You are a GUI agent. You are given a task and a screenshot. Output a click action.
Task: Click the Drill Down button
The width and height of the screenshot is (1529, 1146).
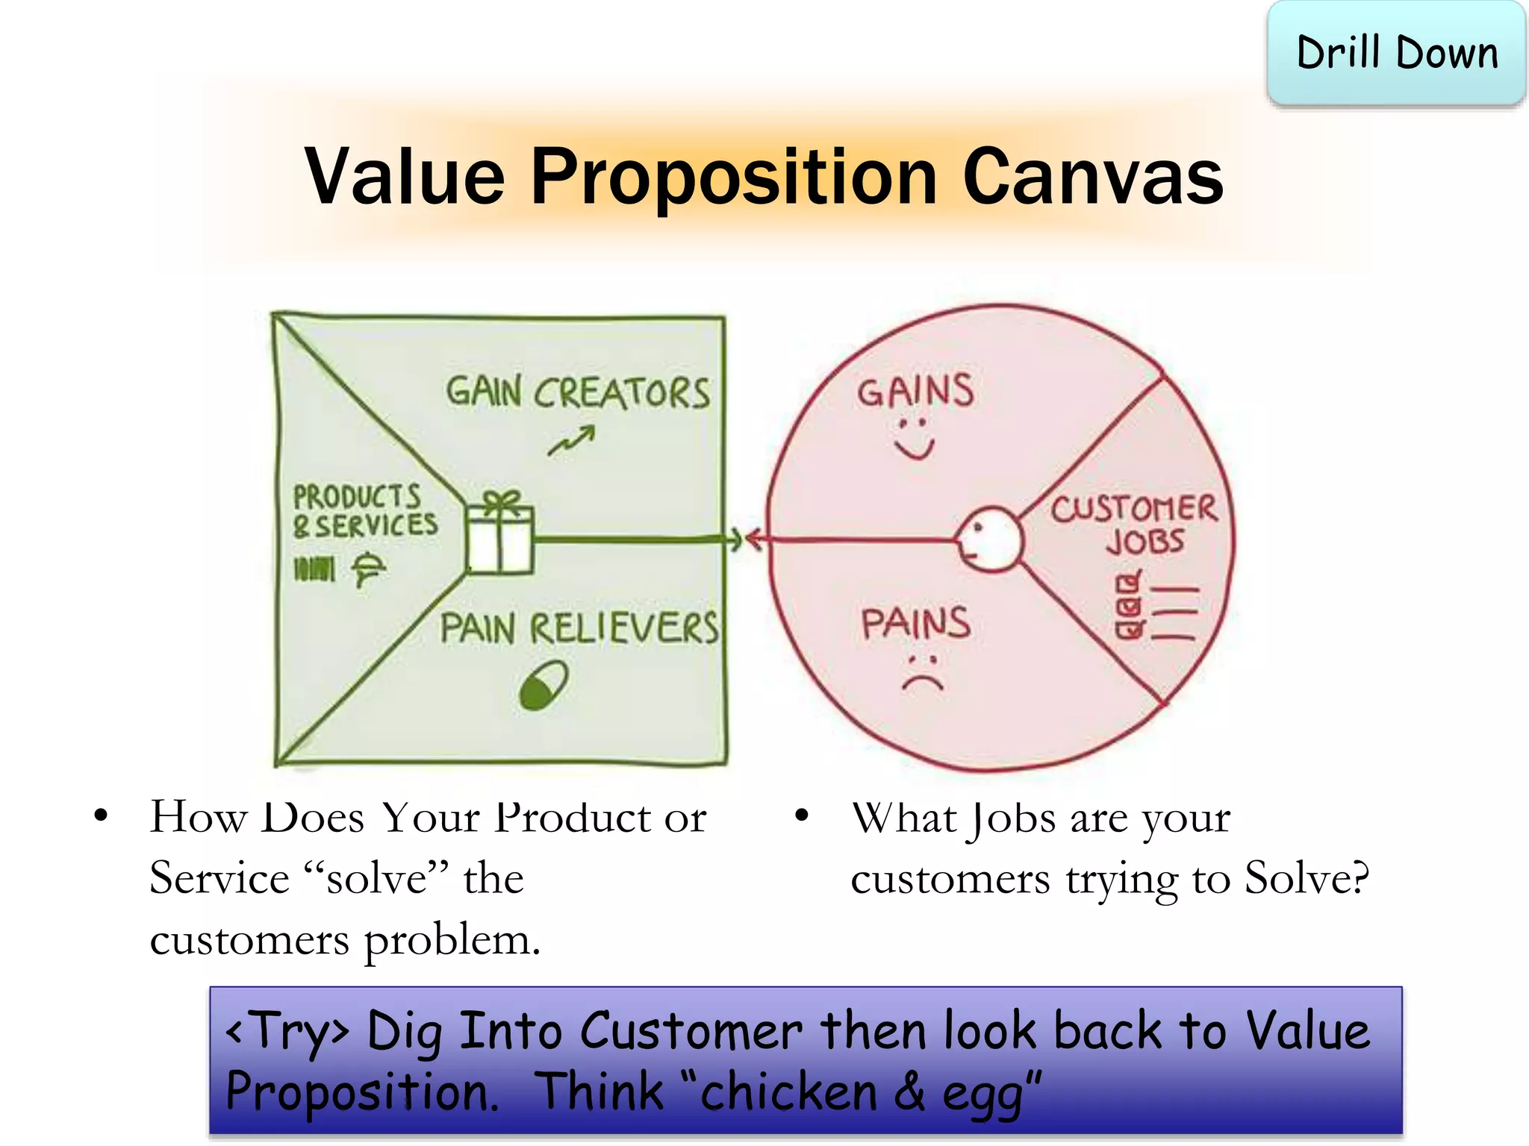(x=1396, y=54)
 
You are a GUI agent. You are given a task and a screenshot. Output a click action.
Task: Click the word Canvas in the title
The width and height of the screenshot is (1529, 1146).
(x=1093, y=177)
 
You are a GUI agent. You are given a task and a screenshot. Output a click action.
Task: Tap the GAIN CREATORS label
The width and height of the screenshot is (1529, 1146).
(x=578, y=392)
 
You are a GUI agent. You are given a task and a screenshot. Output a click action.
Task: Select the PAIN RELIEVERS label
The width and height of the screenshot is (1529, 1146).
(x=579, y=627)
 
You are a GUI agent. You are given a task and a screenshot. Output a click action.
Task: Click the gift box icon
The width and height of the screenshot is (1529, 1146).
(x=499, y=534)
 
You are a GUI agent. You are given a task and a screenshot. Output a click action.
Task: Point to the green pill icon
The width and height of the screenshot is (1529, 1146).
(x=544, y=685)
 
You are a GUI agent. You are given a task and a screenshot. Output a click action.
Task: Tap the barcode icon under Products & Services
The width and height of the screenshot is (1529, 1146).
(x=314, y=570)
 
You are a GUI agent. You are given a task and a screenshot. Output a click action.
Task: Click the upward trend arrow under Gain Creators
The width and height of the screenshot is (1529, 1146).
(x=571, y=441)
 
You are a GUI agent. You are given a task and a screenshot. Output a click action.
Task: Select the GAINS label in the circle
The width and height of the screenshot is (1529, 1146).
(x=915, y=390)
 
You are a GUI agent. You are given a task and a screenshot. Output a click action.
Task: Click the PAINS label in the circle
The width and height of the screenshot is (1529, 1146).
(x=915, y=624)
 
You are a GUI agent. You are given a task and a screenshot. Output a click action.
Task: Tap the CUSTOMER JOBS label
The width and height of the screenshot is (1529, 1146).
(x=1135, y=525)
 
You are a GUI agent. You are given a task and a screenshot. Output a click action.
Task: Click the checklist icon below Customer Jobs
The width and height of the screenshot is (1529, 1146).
(x=1155, y=607)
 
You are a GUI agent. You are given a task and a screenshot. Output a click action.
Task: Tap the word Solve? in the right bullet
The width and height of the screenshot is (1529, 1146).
(x=1307, y=878)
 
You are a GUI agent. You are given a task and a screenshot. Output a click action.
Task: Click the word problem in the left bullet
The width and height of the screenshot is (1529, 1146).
(x=451, y=939)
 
